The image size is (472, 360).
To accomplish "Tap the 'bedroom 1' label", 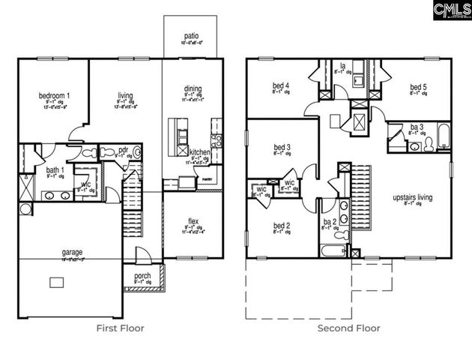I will pos(54,96).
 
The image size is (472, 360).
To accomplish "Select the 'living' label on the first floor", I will pos(125,96).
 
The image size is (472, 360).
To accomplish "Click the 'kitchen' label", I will pos(199,152).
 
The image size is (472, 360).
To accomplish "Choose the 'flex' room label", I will pos(193,222).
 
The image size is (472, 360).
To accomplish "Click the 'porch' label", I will pos(142,276).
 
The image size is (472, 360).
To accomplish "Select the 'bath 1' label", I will pos(55,171).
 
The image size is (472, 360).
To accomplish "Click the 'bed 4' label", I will pos(282,86).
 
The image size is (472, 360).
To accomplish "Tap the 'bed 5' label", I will pos(417,86).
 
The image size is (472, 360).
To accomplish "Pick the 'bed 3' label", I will pos(282,147).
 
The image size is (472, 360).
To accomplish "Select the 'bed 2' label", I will pos(282,226).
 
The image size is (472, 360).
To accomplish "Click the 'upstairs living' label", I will pos(413,198).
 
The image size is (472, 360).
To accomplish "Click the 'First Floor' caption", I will pos(121,328).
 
